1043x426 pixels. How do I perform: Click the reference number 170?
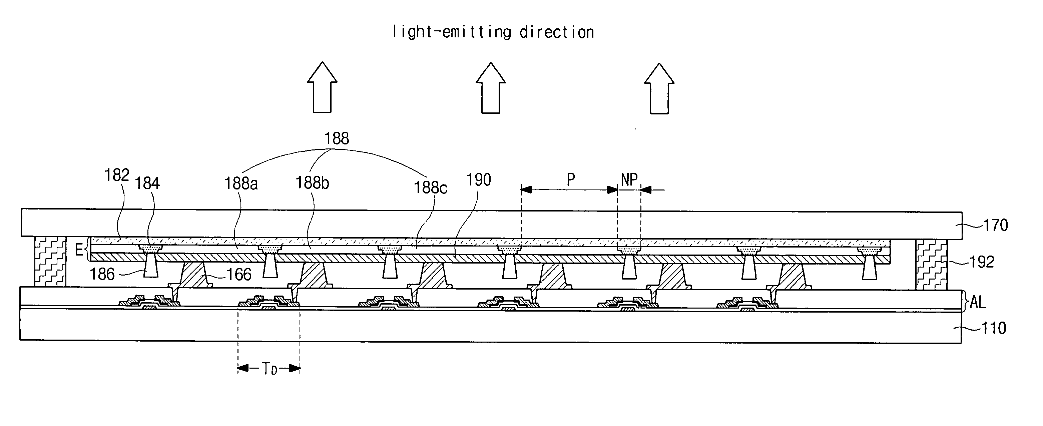(995, 225)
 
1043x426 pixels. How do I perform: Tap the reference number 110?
(994, 328)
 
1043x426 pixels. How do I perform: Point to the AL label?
(977, 302)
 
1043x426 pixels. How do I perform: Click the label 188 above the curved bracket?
(337, 139)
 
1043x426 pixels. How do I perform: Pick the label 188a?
(241, 184)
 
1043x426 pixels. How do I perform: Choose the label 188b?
(312, 183)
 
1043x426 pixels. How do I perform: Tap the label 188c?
(430, 187)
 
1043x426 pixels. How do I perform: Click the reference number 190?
(479, 180)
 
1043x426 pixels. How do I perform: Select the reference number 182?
(117, 175)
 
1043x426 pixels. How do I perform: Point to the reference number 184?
(147, 184)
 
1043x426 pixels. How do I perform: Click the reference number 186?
(102, 275)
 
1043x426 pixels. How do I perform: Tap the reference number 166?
(239, 275)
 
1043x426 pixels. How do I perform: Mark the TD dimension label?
(269, 369)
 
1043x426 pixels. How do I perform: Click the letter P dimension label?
(570, 179)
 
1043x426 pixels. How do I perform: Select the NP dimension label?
(629, 179)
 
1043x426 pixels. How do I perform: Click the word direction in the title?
(557, 32)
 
